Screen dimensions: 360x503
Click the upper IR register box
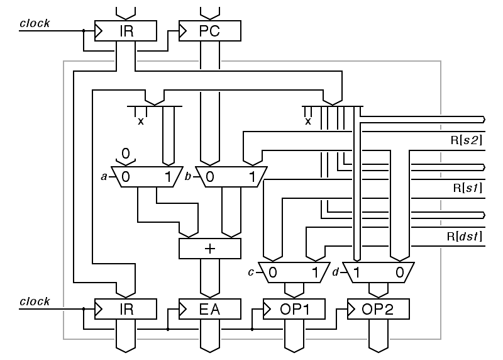[x=126, y=31]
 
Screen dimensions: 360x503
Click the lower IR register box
[x=126, y=309]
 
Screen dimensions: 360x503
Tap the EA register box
[x=210, y=309]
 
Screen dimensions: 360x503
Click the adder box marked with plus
[x=210, y=248]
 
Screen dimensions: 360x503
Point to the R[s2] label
[x=466, y=140]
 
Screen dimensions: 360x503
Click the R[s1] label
[x=466, y=188]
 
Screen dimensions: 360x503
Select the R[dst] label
[x=463, y=237]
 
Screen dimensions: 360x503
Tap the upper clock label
[x=35, y=24]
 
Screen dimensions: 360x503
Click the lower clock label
[x=35, y=301]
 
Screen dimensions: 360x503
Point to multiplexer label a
[x=104, y=177]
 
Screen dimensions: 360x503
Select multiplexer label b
[x=188, y=177]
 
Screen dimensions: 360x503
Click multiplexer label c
[x=251, y=272]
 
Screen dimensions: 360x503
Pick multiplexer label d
[x=336, y=272]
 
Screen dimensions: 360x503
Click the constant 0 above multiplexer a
[x=126, y=153]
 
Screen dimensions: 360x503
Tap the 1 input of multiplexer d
[x=357, y=273]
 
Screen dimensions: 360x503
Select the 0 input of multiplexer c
[x=273, y=273]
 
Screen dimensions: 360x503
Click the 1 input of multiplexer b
[x=252, y=177]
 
